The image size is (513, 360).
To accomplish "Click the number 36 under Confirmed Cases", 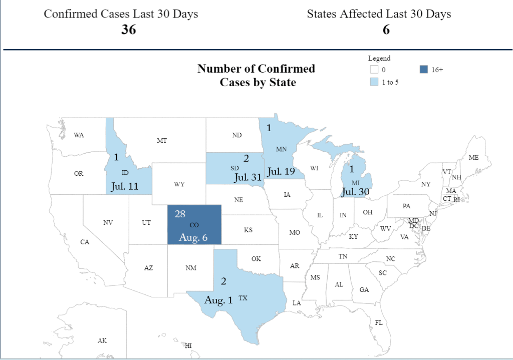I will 128,30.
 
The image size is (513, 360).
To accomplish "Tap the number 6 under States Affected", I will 386,30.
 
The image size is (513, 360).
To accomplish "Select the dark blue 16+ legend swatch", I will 424,70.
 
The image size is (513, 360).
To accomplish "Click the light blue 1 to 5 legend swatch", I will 374,82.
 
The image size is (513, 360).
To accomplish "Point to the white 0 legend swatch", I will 374,70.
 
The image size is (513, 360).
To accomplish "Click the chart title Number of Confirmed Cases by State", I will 256,75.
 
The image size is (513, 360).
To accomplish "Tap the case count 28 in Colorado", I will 180,214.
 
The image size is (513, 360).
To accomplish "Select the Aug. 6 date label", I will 193,238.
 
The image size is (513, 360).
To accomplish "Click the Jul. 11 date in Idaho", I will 125,187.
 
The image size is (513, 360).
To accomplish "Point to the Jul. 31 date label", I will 248,177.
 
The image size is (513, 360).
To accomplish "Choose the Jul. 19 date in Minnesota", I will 281,172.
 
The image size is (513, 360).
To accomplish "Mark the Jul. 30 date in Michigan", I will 357,191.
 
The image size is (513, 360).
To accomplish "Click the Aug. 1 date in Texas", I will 218,300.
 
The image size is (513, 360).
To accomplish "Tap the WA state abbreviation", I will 79,135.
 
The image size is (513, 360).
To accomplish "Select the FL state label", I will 379,323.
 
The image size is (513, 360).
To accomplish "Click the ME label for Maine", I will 473,158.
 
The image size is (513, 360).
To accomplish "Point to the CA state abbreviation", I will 85,242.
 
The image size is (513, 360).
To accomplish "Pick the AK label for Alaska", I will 102,341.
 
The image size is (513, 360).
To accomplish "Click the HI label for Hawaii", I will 188,346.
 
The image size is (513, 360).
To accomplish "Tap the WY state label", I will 179,184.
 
